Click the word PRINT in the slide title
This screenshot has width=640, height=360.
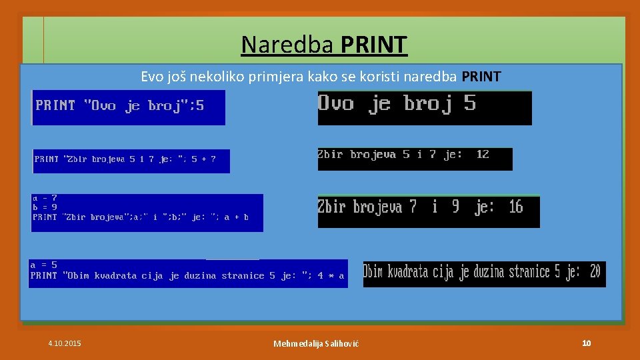[373, 45]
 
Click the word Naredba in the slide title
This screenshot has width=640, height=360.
[289, 45]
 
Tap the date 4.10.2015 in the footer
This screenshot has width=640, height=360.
[65, 343]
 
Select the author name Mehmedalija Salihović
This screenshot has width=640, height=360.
[316, 343]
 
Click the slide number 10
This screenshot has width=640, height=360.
[586, 343]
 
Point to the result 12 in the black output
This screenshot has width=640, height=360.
[483, 155]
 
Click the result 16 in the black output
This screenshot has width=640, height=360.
[515, 207]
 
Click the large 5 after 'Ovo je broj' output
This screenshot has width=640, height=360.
[470, 103]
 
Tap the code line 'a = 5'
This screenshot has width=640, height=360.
[44, 265]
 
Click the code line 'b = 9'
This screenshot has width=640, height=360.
[45, 207]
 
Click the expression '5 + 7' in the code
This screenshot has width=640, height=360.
[204, 159]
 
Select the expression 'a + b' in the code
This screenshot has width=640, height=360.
[236, 217]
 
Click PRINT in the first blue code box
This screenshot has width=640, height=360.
[55, 105]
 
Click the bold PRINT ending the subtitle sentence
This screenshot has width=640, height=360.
[481, 77]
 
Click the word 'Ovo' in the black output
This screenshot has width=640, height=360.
[336, 103]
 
